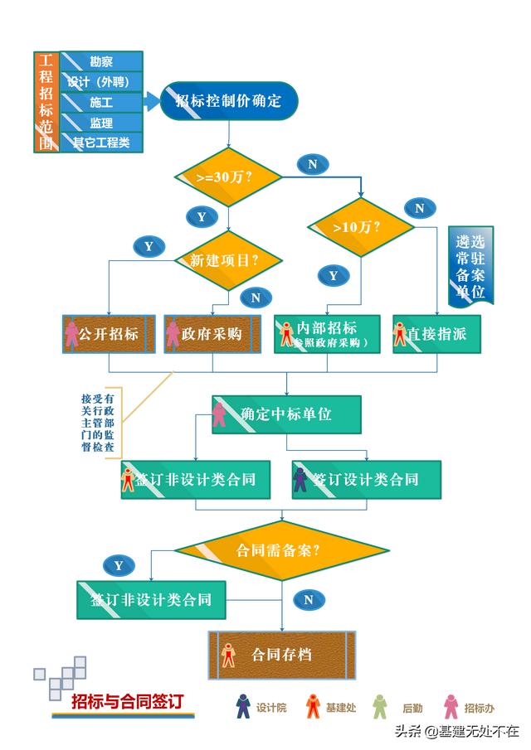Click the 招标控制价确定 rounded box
pos(228,101)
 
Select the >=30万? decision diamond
pos(228,177)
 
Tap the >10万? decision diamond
pos(361,225)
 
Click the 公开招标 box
pos(109,334)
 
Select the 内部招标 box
pos(327,334)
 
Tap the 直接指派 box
pos(436,334)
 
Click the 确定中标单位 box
pos(286,414)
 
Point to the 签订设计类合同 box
pos(366,479)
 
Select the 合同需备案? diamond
pos(281,549)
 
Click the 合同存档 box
pos(281,655)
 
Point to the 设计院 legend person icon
pos(243,707)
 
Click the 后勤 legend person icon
pos(380,707)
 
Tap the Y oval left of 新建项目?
pos(149,246)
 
